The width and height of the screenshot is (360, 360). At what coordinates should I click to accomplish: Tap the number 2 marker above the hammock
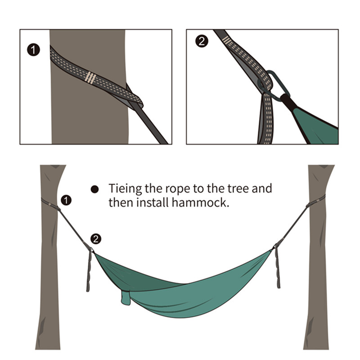(x=96, y=239)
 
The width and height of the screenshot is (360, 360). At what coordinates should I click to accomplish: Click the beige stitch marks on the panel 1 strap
(x=90, y=77)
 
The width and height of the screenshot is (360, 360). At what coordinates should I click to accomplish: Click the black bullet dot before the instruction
(x=94, y=189)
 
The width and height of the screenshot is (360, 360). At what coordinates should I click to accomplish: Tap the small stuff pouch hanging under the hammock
(x=126, y=297)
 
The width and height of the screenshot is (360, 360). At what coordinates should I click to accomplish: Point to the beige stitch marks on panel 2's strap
(x=229, y=43)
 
